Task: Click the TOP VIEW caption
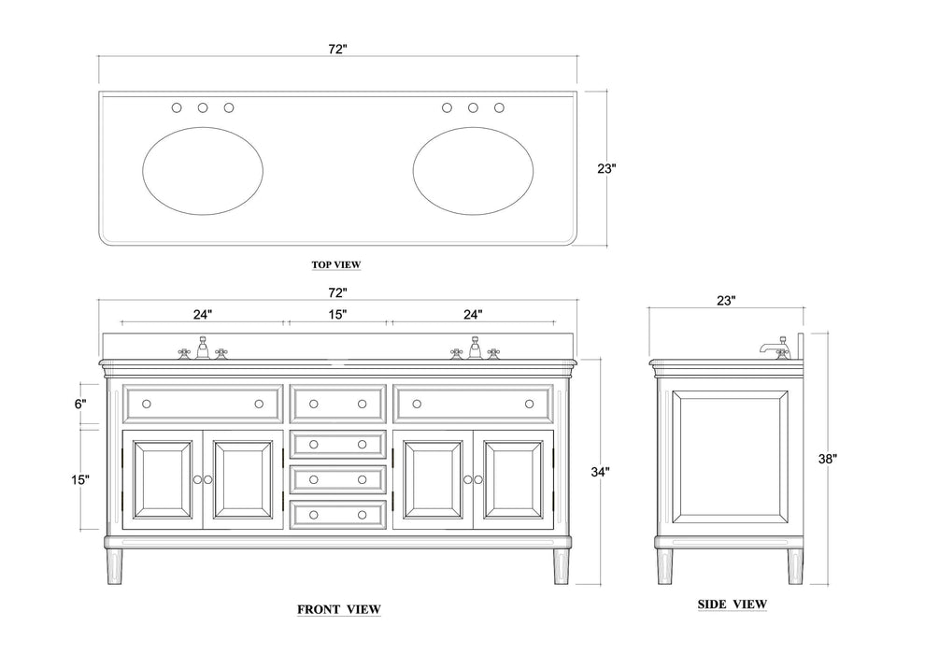[x=336, y=264]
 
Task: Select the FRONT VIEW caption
[x=339, y=609]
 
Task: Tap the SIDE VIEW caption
[x=733, y=604]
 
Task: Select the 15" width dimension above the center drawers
[x=338, y=314]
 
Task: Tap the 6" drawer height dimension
[x=81, y=404]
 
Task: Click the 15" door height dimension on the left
[x=81, y=479]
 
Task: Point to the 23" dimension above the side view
[x=727, y=300]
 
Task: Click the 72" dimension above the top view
[x=337, y=49]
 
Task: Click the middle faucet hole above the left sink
[x=203, y=108]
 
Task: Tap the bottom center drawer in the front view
[x=338, y=514]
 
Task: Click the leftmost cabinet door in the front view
[x=163, y=479]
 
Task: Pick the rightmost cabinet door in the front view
[x=512, y=479]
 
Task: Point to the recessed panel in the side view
[x=729, y=458]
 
